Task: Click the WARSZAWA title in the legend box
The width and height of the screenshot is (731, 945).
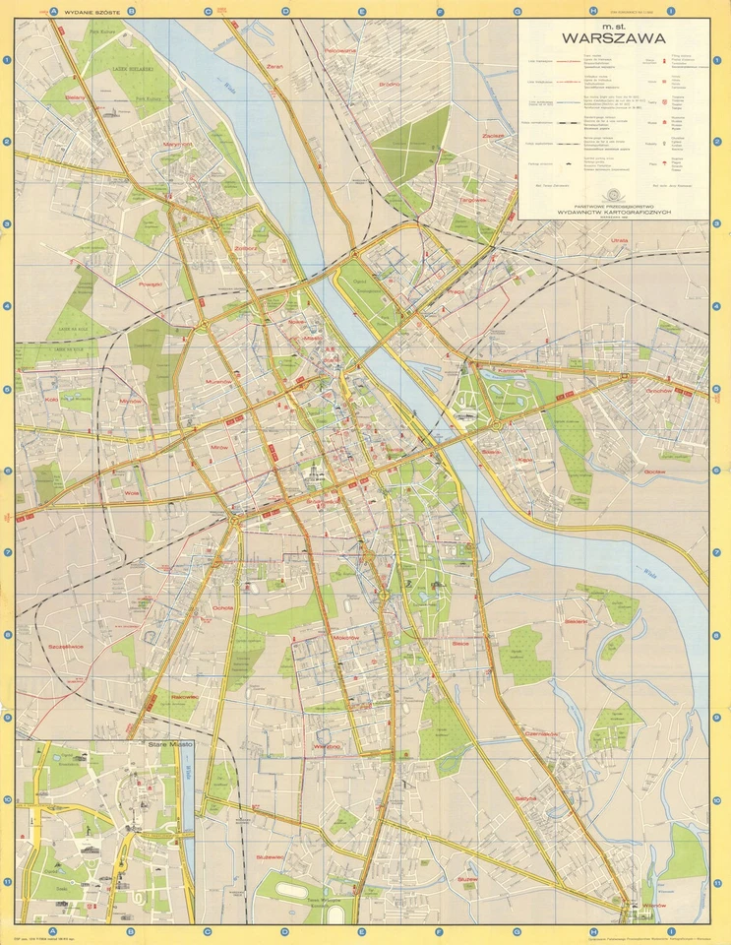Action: [x=613, y=40]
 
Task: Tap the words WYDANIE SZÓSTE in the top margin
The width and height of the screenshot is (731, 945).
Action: [x=91, y=12]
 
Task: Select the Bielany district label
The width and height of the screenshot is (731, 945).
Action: [x=47, y=98]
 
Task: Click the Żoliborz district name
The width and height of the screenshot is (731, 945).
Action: [x=246, y=248]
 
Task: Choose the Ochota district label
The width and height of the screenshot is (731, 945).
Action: [x=222, y=608]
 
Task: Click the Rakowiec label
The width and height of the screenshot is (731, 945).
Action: [x=184, y=696]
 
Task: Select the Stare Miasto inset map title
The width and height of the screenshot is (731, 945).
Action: [x=170, y=746]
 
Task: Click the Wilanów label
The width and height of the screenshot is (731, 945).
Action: [x=654, y=905]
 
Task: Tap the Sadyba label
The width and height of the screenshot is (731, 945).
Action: [x=526, y=798]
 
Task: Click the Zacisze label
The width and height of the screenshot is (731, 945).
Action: [x=493, y=135]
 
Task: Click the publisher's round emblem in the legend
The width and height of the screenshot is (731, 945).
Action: [x=616, y=192]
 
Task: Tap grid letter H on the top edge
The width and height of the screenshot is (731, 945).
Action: [x=593, y=12]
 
